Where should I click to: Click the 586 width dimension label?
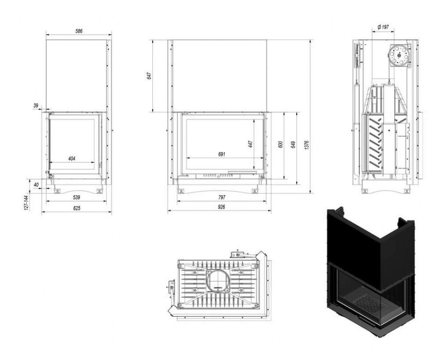pos(79,31)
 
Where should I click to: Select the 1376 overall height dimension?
pos(307,145)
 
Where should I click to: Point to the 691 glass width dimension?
pos(222,154)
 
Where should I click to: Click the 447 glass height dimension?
pos(251,144)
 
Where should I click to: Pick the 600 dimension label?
pos(280,144)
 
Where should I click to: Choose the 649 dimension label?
pos(293,144)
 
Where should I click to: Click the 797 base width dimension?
pos(222,197)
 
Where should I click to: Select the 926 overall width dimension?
pos(221,207)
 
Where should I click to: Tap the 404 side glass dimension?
pos(72,158)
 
